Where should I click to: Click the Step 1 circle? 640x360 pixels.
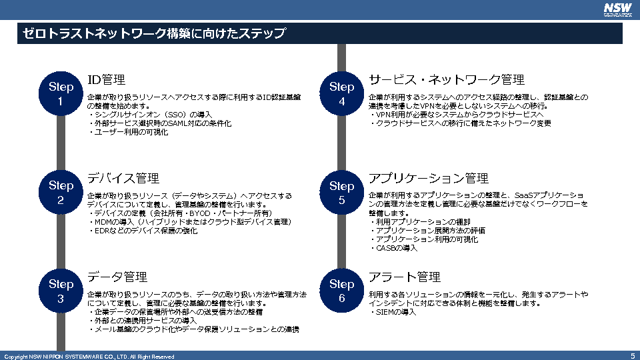tap(61, 94)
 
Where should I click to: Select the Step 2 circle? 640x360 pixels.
tap(61, 193)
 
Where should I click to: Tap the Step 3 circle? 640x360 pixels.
tap(61, 291)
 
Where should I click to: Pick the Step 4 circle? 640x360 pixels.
tap(341, 94)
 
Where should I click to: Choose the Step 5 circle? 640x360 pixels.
tap(341, 193)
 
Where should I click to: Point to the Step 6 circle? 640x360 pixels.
tap(341, 291)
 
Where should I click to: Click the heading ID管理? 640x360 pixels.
tap(107, 80)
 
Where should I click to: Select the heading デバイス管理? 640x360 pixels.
tap(123, 178)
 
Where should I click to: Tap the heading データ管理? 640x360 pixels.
tap(117, 277)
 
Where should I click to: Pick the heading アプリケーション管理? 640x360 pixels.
tap(429, 179)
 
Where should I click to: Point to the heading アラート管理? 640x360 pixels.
tap(405, 277)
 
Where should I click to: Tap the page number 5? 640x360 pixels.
tap(632, 356)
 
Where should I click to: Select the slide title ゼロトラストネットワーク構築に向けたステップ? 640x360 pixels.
tap(154, 33)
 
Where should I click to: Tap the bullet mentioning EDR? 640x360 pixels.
tap(147, 231)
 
